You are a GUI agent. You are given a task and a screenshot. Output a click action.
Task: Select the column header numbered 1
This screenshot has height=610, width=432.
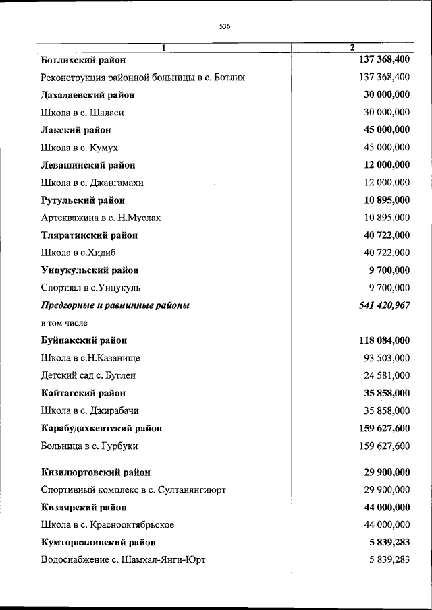[163, 47]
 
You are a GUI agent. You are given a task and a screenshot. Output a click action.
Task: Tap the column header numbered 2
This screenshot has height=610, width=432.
[352, 47]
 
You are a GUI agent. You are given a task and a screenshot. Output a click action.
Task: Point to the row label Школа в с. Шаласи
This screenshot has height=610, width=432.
[82, 113]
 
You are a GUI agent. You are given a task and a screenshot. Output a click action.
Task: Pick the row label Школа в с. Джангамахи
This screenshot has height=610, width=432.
[92, 183]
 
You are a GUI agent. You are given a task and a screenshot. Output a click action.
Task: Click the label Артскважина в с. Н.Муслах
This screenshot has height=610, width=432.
[101, 218]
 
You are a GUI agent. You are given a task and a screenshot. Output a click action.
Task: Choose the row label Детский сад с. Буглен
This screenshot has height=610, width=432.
[88, 375]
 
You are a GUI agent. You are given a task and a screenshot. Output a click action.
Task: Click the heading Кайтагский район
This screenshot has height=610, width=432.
[84, 393]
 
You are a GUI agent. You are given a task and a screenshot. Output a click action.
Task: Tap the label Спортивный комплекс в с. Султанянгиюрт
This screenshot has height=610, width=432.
[133, 489]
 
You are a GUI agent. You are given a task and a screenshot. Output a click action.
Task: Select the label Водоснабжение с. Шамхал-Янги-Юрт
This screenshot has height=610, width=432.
[123, 559]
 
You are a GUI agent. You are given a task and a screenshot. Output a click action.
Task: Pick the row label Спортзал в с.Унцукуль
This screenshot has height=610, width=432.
[90, 288]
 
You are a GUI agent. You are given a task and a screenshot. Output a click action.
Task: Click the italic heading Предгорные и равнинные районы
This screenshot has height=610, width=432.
[115, 305]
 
